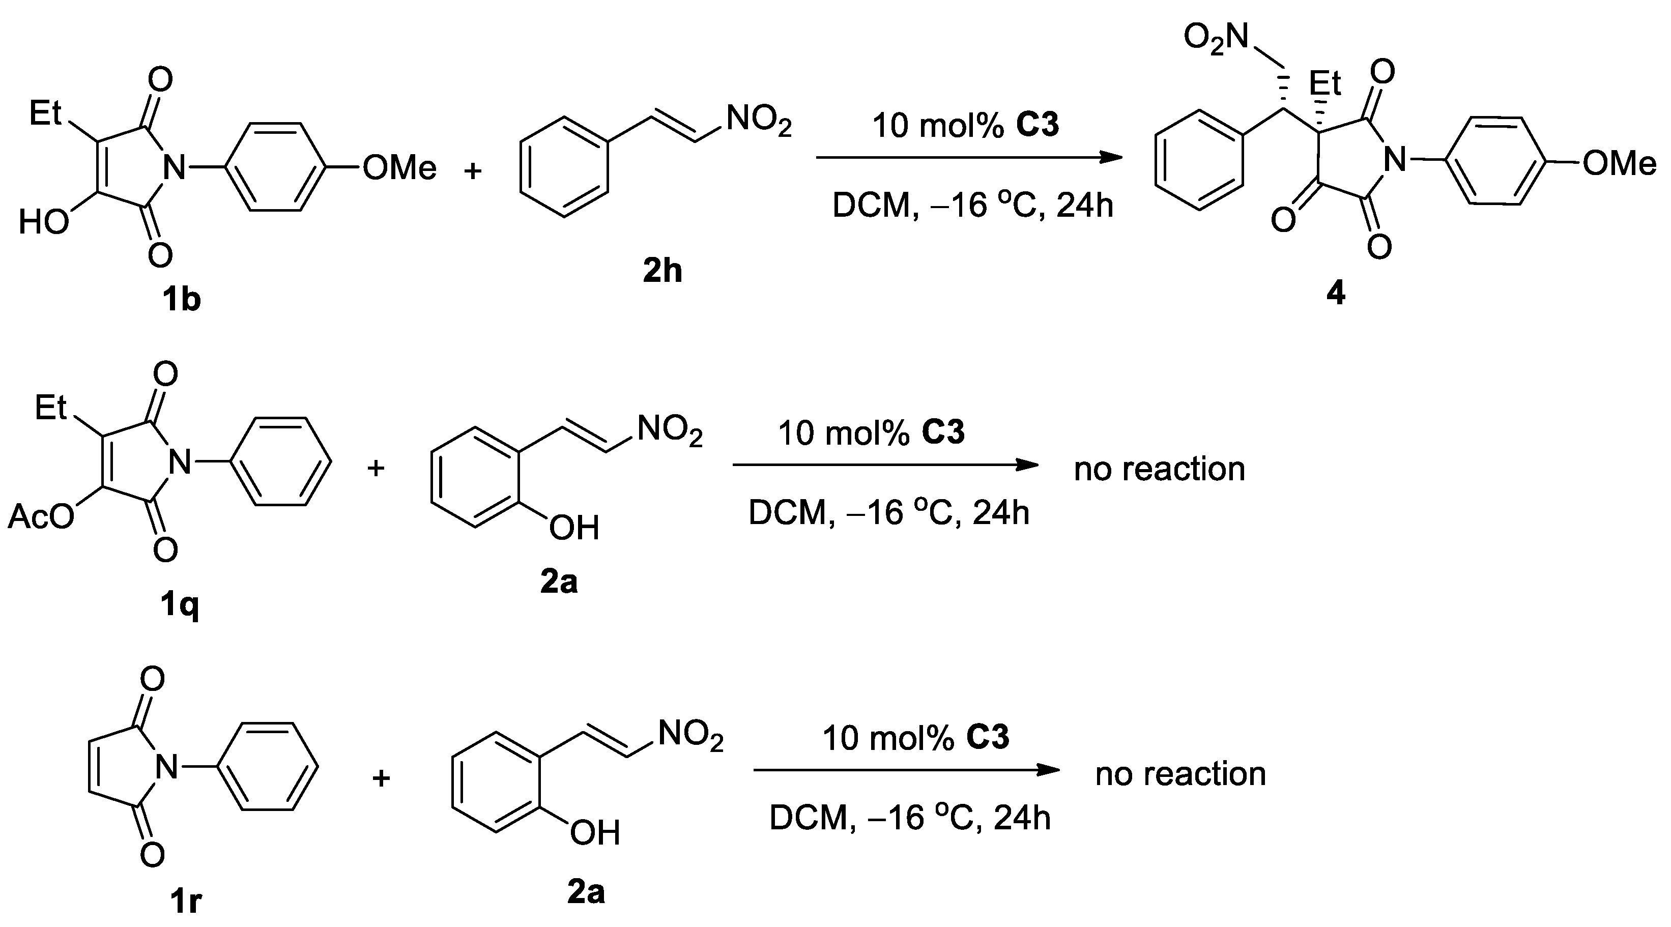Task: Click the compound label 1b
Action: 181,300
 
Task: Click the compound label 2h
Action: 662,271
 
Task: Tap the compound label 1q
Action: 180,605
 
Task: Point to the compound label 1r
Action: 185,902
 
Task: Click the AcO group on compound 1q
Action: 41,517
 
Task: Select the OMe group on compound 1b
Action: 399,169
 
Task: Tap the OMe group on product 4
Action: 1619,163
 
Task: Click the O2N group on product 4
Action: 1215,37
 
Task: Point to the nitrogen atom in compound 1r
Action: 167,769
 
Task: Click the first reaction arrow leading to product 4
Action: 968,158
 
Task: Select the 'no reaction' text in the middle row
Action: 1159,469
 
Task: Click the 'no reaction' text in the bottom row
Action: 1180,773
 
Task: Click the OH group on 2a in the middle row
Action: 573,528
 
